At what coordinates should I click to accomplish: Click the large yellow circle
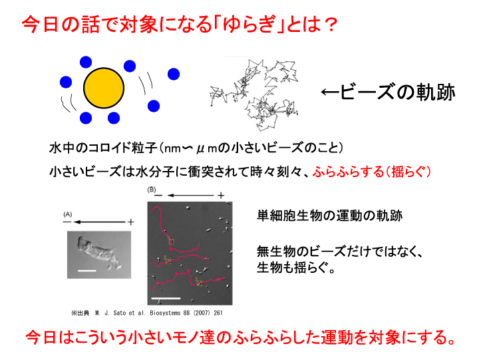coord(104,88)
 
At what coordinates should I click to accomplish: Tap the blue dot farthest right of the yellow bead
coord(174,74)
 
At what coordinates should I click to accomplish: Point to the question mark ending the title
coord(329,25)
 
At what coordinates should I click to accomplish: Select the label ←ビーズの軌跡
coord(388,92)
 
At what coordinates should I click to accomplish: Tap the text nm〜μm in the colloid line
coord(190,148)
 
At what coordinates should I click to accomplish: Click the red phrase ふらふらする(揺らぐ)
coord(371,172)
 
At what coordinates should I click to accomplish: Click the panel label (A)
coord(67,214)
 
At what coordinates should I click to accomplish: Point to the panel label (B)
coord(152,190)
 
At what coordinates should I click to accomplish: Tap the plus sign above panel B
coord(221,195)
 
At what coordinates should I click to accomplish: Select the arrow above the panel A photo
coord(99,222)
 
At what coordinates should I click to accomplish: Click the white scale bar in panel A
coord(87,270)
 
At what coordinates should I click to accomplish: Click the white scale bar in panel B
coord(166,298)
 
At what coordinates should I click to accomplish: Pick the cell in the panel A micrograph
coord(97,252)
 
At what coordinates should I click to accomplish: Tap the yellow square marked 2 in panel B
coord(168,262)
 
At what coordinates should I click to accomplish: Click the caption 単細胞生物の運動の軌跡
coord(329,216)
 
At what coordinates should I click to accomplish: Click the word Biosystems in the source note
coord(165,313)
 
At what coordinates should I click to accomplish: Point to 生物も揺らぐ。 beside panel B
coord(296,268)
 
